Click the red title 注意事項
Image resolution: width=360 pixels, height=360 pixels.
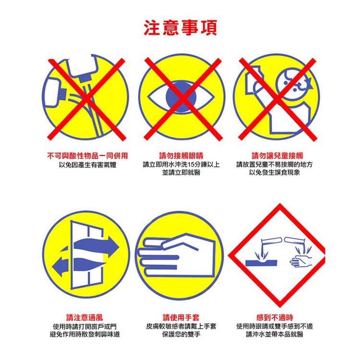pyautogui.click(x=180, y=28)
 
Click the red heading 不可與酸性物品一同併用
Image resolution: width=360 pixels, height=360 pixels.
pyautogui.click(x=87, y=156)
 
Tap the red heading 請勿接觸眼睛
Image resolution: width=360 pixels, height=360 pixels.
pyautogui.click(x=181, y=156)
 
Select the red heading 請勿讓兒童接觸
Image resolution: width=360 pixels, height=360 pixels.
pyautogui.click(x=277, y=156)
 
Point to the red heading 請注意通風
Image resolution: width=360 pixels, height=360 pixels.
pyautogui.click(x=84, y=318)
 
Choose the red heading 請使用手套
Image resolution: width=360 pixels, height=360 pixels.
pyautogui.click(x=181, y=318)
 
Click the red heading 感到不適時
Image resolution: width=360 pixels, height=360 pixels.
pyautogui.click(x=275, y=318)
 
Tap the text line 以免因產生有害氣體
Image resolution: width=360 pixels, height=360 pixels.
pyautogui.click(x=87, y=165)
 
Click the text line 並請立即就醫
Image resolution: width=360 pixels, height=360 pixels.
pyautogui.click(x=181, y=172)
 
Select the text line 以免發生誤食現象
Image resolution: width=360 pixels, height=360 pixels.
pyautogui.click(x=275, y=172)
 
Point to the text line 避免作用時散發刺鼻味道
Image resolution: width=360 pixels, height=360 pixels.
pyautogui.click(x=84, y=334)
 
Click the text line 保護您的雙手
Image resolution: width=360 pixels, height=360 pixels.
pyautogui.click(x=181, y=334)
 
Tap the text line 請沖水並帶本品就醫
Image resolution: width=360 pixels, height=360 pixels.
pyautogui.click(x=275, y=334)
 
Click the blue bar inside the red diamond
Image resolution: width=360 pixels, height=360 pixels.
pyautogui.click(x=261, y=263)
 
